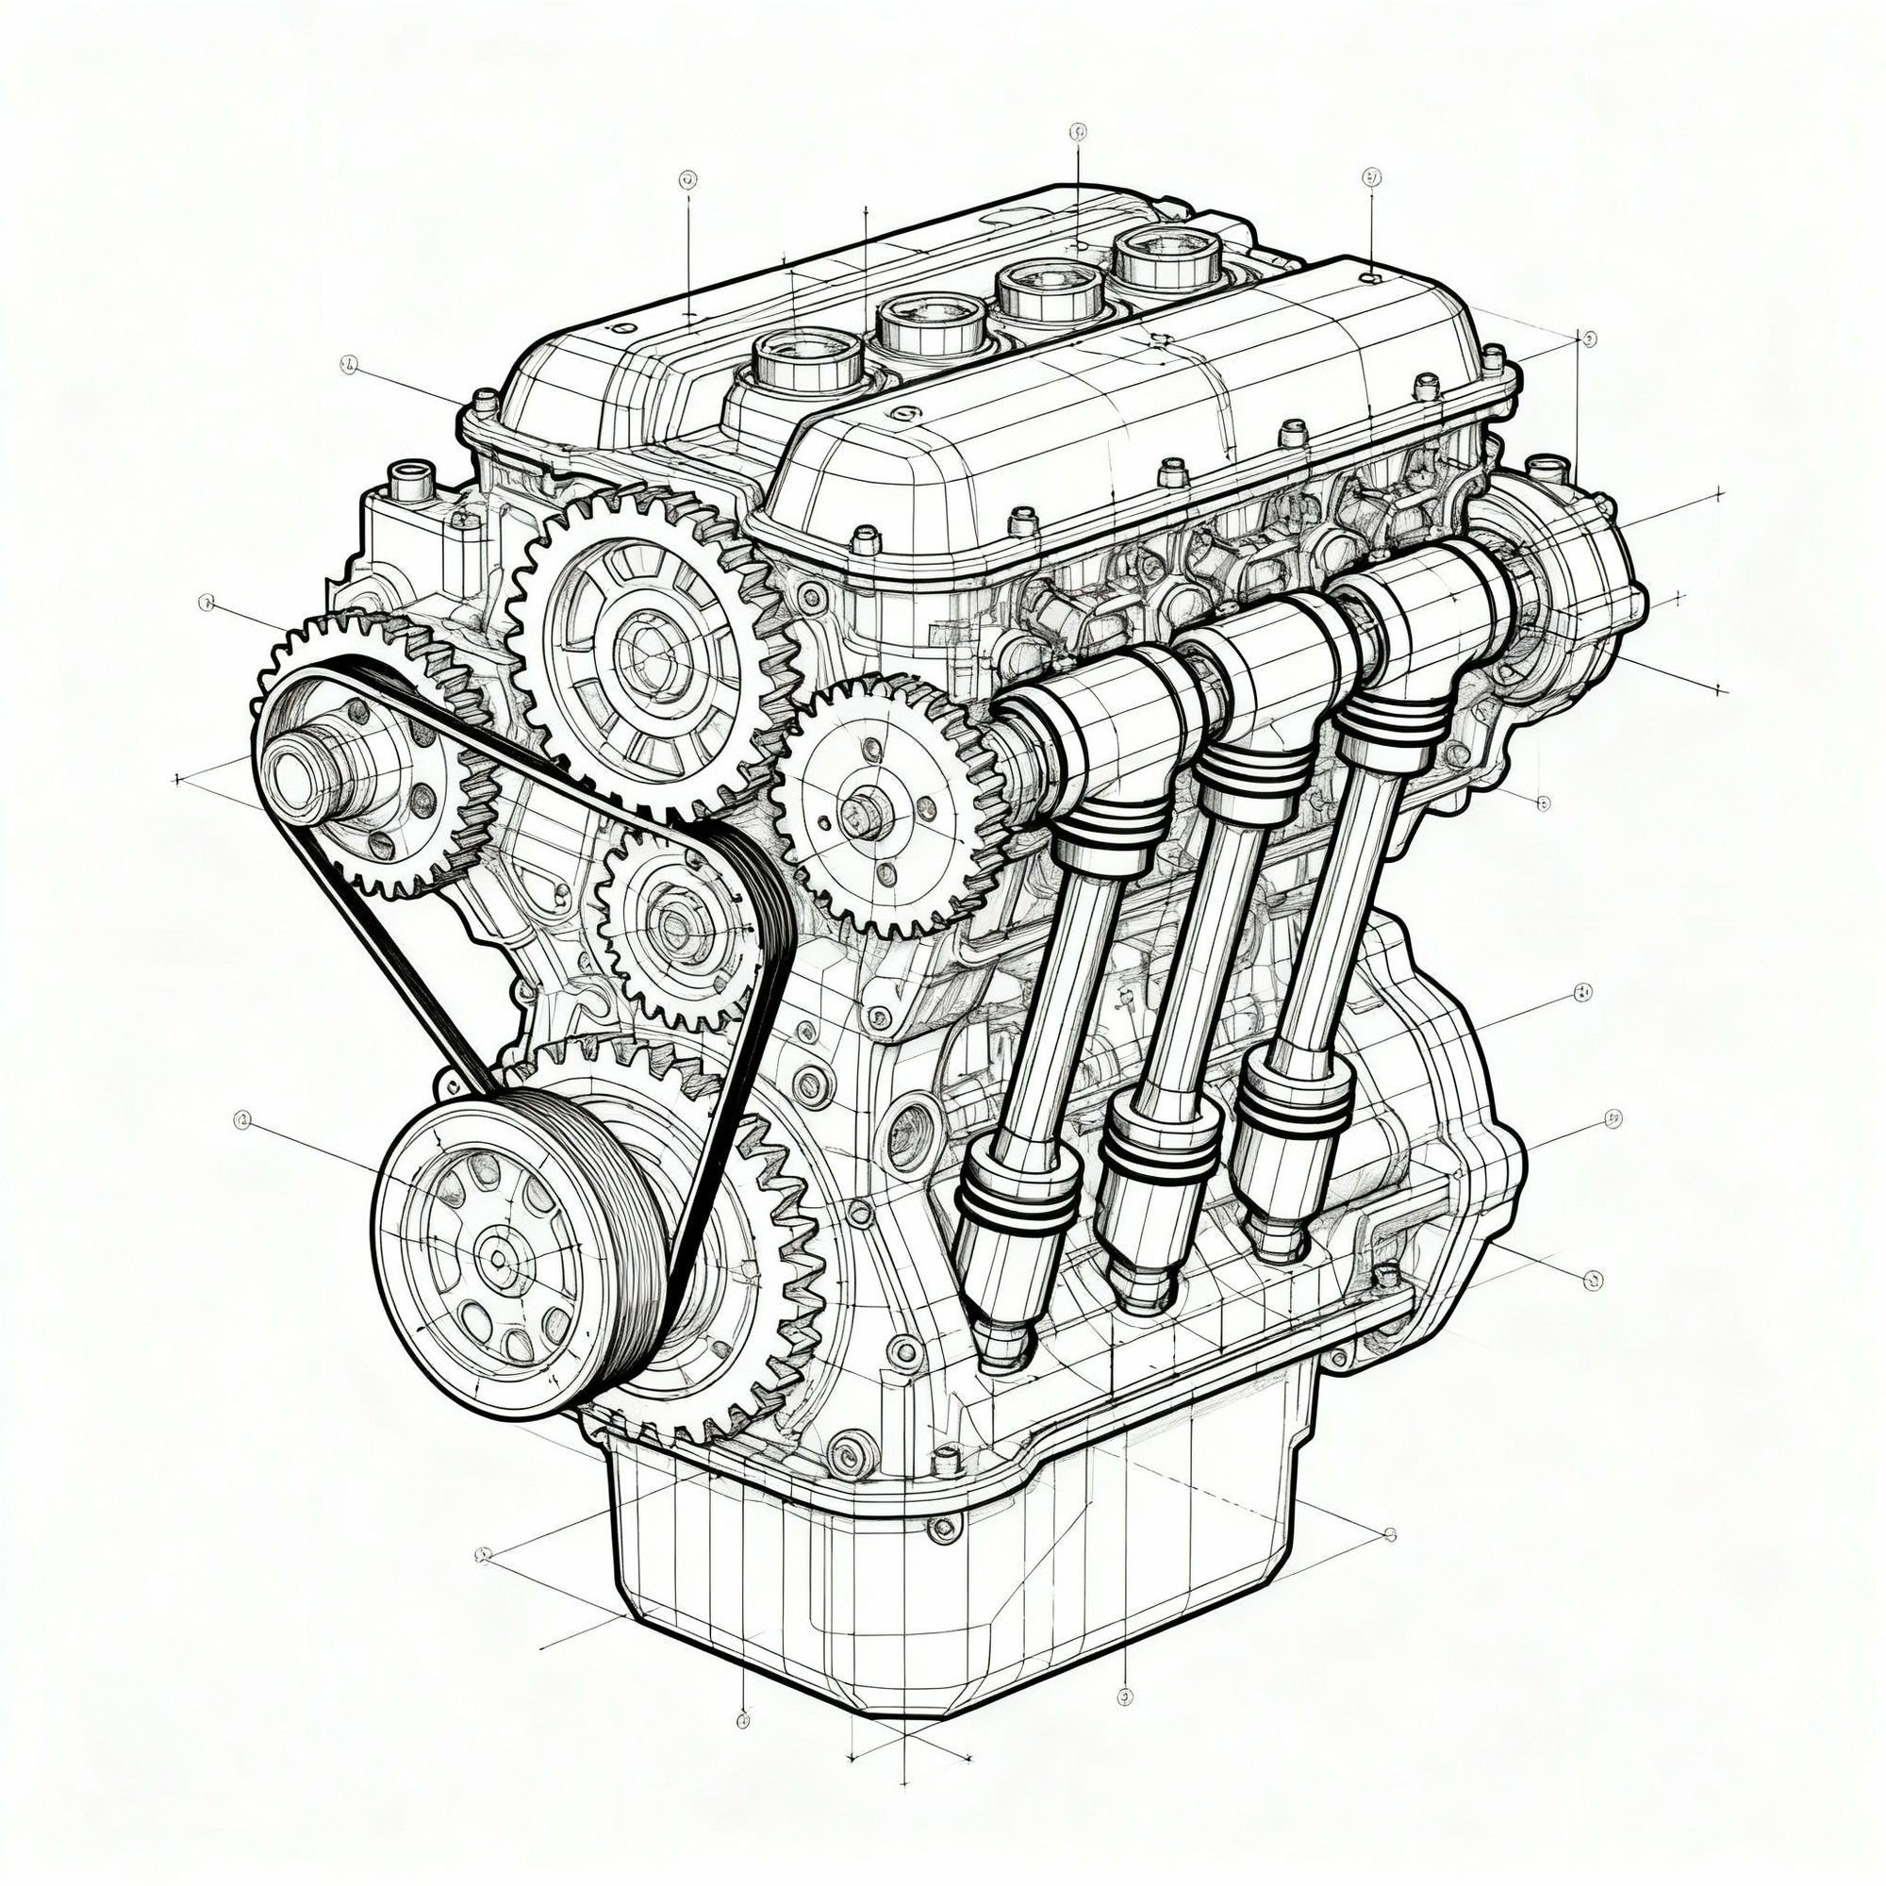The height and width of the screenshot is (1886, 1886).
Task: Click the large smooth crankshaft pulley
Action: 478,1259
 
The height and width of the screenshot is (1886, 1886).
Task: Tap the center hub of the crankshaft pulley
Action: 499,1260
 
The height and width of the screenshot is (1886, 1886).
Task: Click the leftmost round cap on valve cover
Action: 809,354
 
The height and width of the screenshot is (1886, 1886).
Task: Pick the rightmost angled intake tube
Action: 1328,879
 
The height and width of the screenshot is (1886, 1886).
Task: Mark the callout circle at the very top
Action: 1078,130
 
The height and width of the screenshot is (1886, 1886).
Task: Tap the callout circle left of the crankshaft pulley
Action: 242,1120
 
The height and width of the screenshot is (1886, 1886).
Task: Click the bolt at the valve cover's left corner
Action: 482,400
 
